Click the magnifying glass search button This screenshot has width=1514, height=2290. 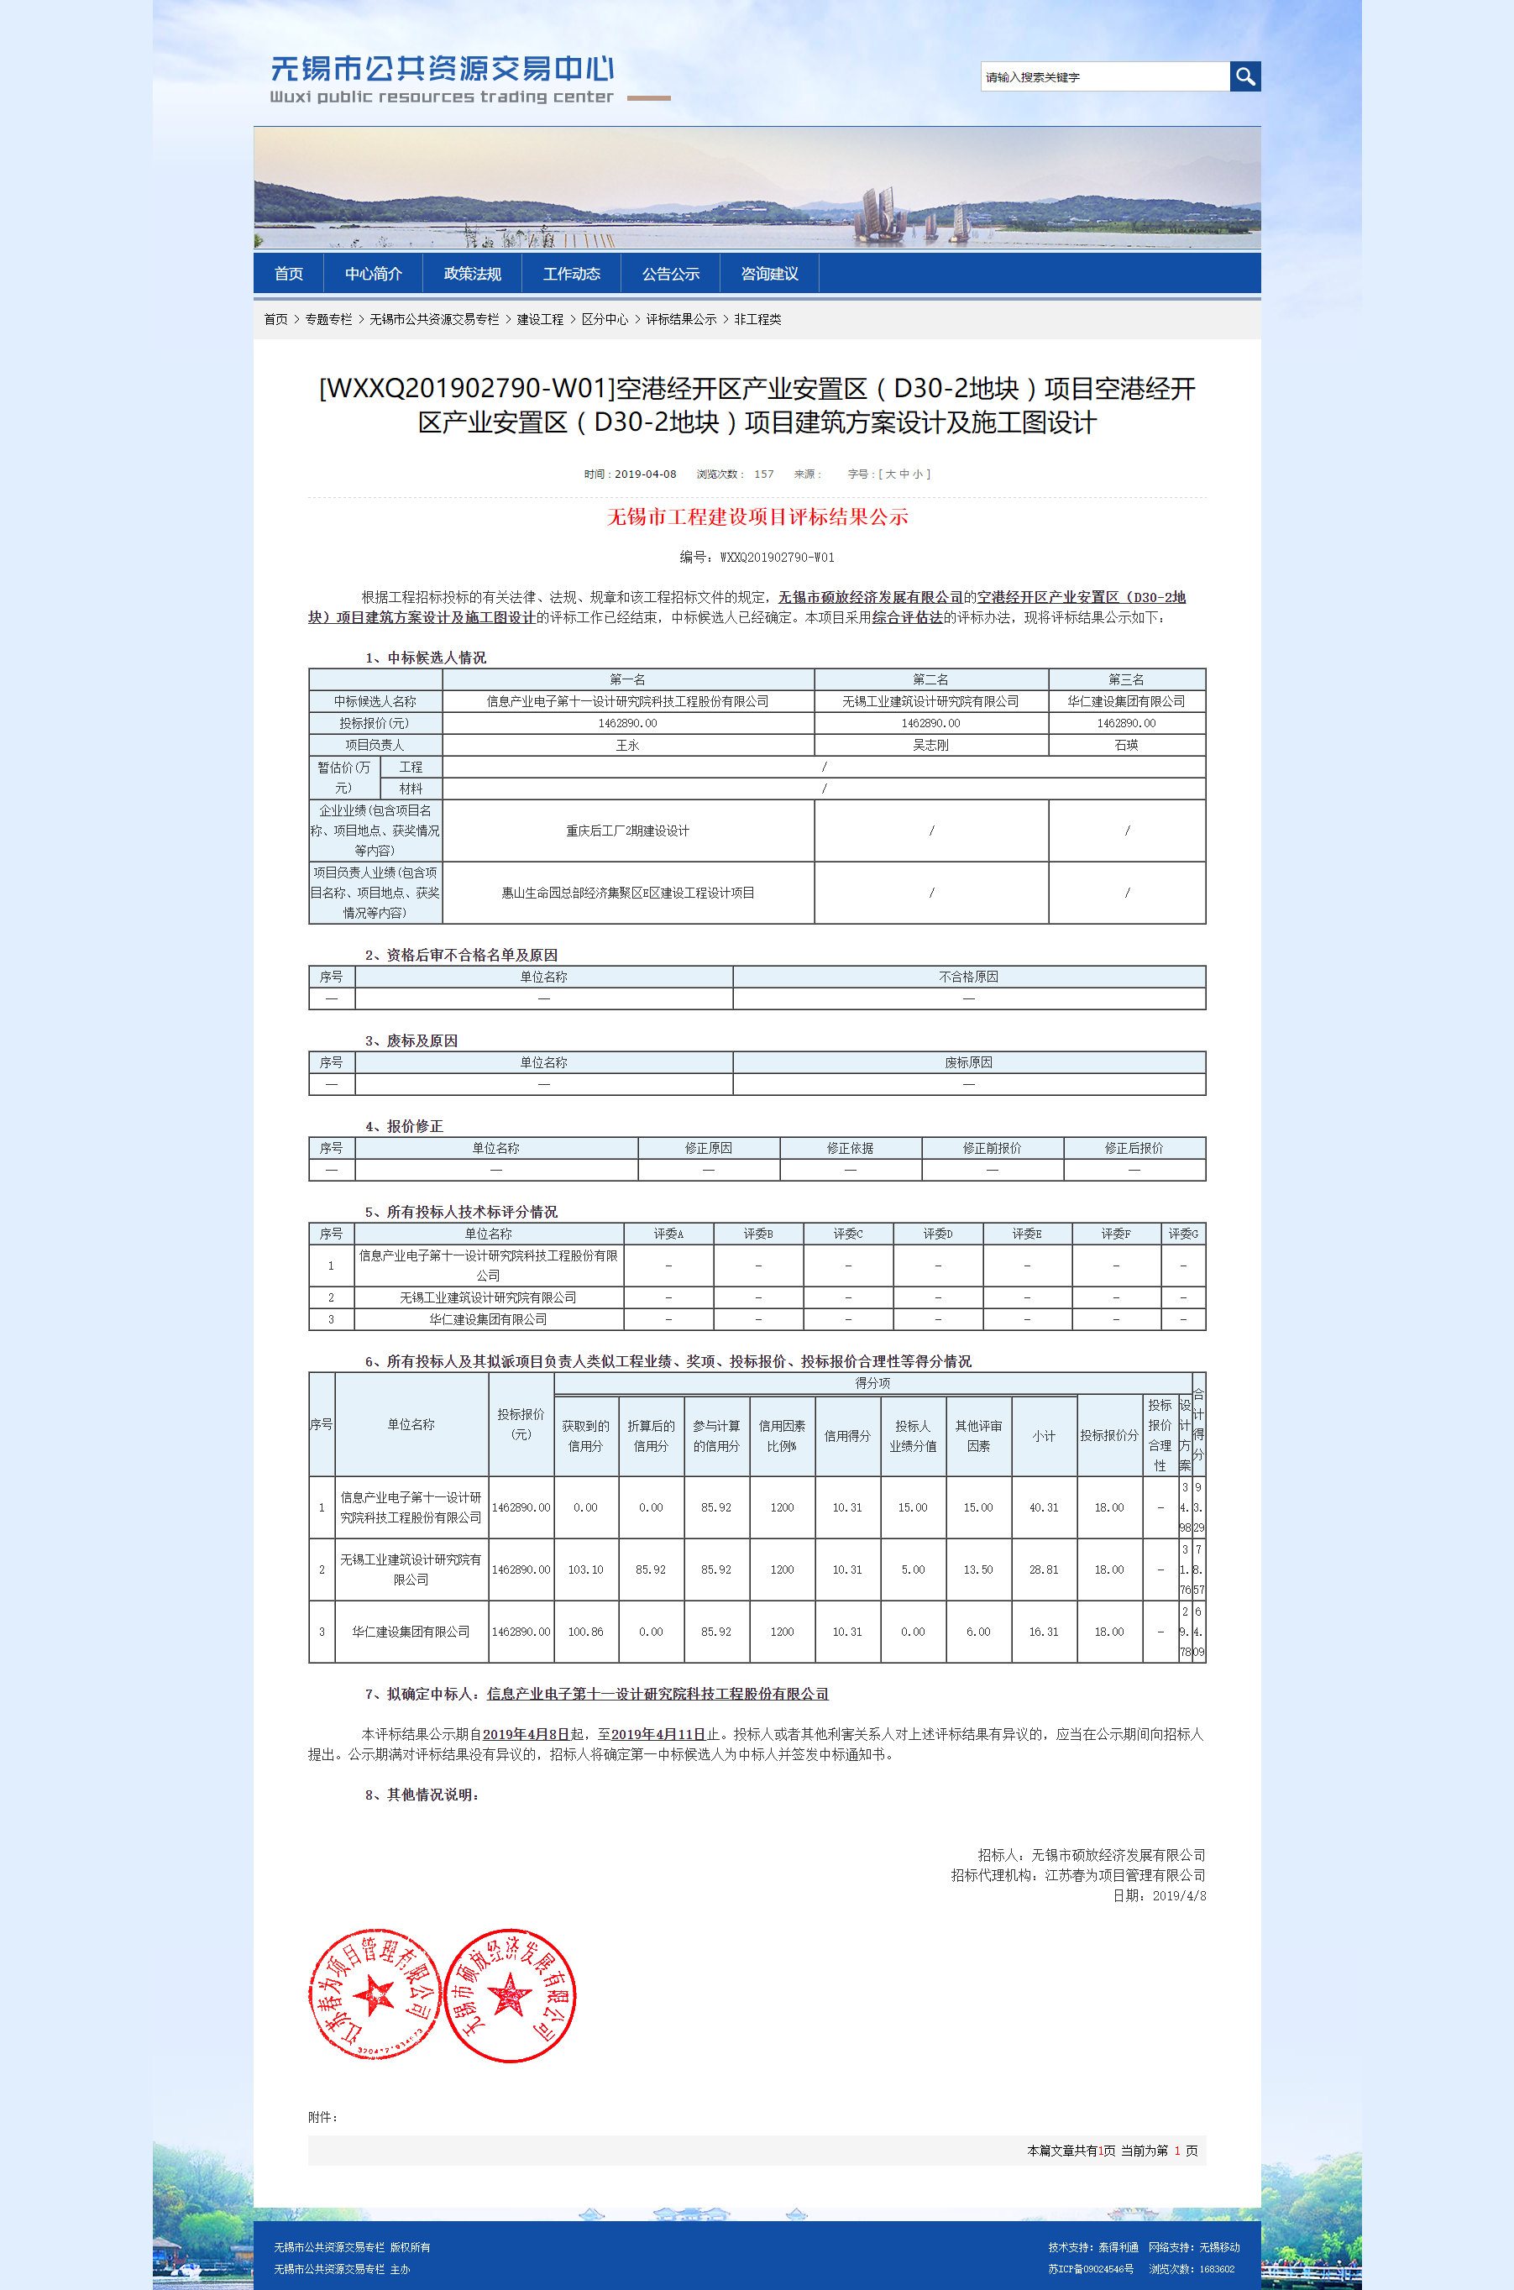pyautogui.click(x=1244, y=76)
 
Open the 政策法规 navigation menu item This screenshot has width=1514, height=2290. pyautogui.click(x=472, y=273)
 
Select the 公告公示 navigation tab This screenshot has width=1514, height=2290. pyautogui.click(x=670, y=273)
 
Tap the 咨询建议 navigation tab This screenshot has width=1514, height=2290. pyautogui.click(x=769, y=273)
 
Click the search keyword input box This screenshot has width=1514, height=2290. pyautogui.click(x=1103, y=77)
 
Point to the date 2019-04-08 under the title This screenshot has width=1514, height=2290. pyautogui.click(x=645, y=474)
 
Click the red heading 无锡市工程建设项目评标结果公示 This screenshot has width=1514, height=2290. pyautogui.click(x=757, y=517)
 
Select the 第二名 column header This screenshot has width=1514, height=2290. pyautogui.click(x=930, y=679)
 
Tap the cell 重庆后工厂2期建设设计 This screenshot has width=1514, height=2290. pyautogui.click(x=627, y=831)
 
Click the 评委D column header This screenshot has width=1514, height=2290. pyautogui.click(x=938, y=1234)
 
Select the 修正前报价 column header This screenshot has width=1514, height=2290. pyautogui.click(x=992, y=1148)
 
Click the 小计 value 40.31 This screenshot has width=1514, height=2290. pyautogui.click(x=1044, y=1507)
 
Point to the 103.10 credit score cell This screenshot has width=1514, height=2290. pyautogui.click(x=585, y=1569)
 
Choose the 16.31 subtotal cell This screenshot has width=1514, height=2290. pyautogui.click(x=1044, y=1632)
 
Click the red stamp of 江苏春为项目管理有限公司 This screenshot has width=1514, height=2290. pyautogui.click(x=375, y=1994)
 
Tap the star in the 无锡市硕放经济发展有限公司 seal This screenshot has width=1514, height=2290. pyautogui.click(x=510, y=1994)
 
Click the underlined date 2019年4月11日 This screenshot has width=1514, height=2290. pyautogui.click(x=658, y=1734)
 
